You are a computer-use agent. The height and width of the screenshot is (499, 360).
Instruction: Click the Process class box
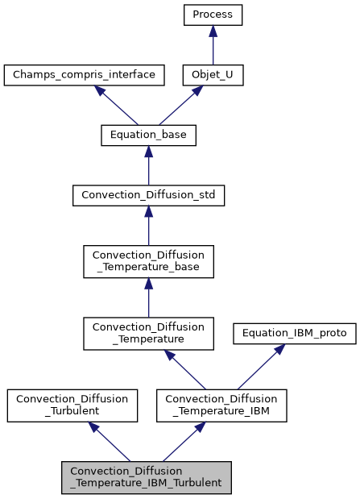213,15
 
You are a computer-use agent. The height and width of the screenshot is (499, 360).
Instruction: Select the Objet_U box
213,76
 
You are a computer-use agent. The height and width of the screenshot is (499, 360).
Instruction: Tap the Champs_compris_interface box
85,76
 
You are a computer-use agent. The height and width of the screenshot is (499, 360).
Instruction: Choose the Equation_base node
148,135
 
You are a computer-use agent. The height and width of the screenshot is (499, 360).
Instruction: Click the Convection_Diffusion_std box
148,195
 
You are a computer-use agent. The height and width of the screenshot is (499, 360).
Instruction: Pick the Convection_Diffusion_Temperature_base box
148,262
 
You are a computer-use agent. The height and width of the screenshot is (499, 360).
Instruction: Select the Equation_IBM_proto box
294,334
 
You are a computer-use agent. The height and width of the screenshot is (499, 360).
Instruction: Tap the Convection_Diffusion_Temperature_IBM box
217,405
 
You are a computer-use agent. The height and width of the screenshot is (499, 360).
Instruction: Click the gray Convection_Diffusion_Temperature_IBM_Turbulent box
147,477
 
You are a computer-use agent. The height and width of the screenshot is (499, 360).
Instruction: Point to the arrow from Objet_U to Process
213,45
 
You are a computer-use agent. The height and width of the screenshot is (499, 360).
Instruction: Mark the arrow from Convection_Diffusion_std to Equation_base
148,165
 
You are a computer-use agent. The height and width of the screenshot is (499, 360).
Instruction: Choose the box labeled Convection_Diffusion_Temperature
148,334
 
